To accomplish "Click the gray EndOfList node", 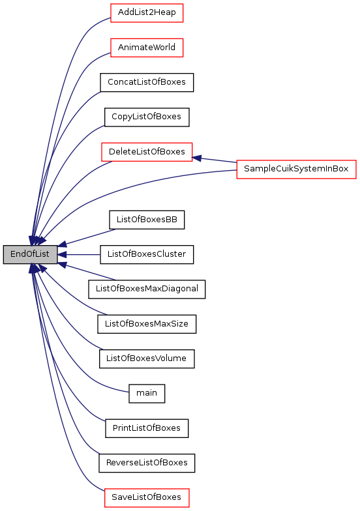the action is tap(30, 254).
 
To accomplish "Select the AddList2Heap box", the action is tap(147, 13).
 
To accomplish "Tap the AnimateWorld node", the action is tap(147, 48).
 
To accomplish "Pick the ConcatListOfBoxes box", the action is tap(147, 82).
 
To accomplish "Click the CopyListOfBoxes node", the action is tap(147, 117).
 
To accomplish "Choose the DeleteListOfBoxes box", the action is tap(147, 152).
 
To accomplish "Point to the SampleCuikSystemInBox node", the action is tap(296, 169).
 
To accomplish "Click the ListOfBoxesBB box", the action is tap(147, 220).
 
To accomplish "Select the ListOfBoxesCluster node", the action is tap(147, 254).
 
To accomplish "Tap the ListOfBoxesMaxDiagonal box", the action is tap(147, 289).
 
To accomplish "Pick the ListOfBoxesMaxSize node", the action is tap(147, 324).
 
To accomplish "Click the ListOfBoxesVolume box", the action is tap(147, 358).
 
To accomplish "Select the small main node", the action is tap(147, 394).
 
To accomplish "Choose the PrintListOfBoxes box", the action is tap(147, 428).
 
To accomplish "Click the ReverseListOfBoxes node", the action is tap(147, 463).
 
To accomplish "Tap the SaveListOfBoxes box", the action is tap(147, 498).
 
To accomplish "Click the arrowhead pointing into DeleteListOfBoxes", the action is tap(197, 158).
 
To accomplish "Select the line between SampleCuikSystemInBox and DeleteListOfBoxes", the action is tap(215, 160).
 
